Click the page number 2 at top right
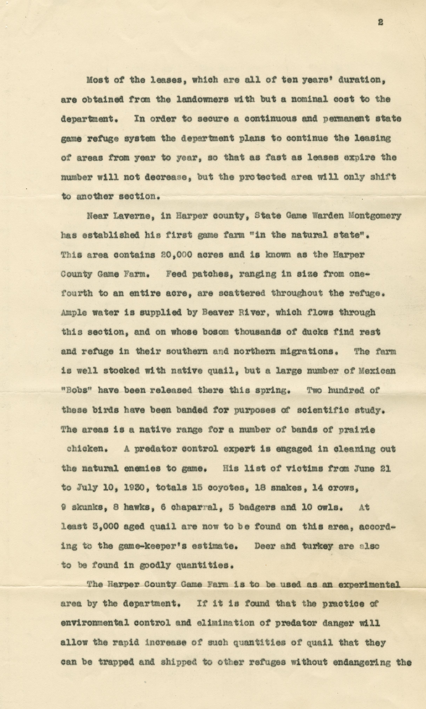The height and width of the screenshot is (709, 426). (380, 22)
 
